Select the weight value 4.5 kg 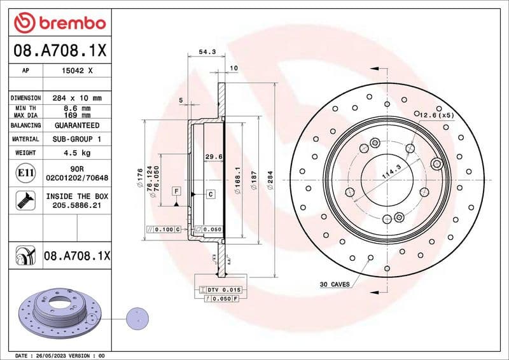tap(77, 153)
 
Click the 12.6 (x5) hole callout tap(436, 115)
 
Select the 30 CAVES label tap(334, 284)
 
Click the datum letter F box tap(176, 191)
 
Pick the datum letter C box tap(209, 193)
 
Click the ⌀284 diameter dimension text tap(270, 185)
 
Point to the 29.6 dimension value tap(213, 156)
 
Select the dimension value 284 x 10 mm tap(77, 98)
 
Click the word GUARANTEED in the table tap(77, 126)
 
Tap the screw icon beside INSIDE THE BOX tap(24, 202)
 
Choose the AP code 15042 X tap(77, 71)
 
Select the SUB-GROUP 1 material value tap(77, 139)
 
